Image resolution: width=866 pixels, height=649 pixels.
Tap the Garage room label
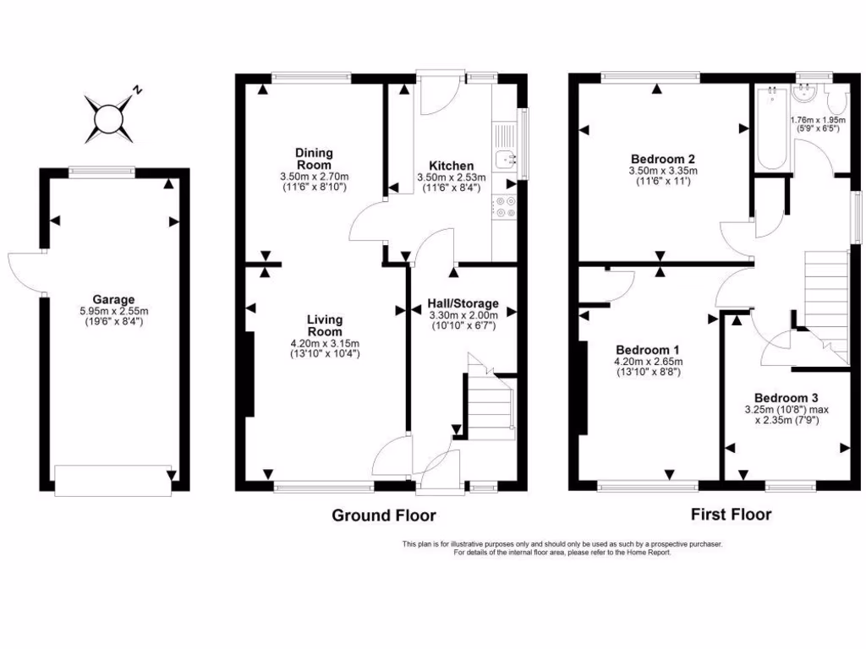114,299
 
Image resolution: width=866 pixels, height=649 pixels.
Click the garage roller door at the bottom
112,481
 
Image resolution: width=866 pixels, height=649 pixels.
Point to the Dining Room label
314,158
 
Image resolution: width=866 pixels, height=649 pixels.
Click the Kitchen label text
451,165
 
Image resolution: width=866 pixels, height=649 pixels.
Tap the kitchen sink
506,157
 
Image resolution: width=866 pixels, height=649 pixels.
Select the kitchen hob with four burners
506,207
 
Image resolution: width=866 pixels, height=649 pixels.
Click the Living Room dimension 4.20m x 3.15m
325,343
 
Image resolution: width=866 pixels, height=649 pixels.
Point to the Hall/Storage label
464,303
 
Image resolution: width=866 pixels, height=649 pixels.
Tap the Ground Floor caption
383,515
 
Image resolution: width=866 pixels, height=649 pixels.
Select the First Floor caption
731,513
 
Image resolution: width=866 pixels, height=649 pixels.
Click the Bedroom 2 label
663,158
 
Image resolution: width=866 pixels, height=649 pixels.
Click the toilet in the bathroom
837,104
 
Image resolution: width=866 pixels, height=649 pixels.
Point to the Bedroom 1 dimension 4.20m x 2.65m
648,361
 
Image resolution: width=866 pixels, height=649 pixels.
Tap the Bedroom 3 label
786,398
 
